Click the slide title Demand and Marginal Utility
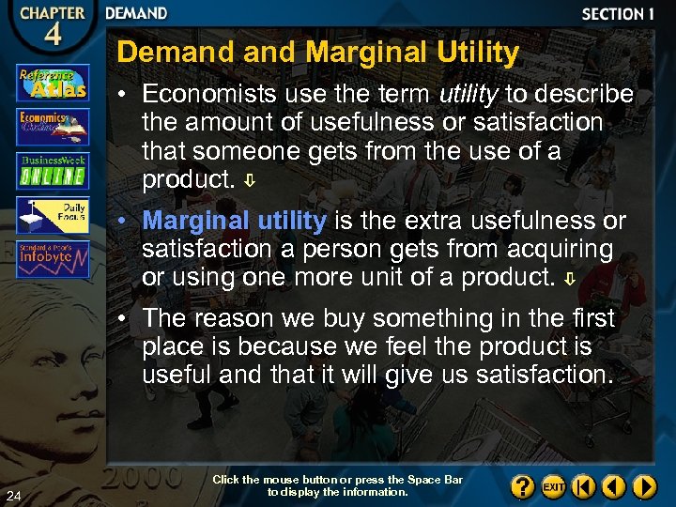point(317,53)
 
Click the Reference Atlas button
point(53,83)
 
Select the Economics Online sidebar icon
point(53,126)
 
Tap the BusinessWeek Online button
point(53,170)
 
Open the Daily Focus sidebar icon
point(53,214)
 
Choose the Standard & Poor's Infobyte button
point(53,258)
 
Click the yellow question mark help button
point(523,487)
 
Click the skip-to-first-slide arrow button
point(583,487)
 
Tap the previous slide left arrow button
point(613,487)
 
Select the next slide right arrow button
point(644,487)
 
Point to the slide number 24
point(14,495)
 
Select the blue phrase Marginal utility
point(234,221)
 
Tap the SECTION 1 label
point(617,14)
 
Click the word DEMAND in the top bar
point(136,14)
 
